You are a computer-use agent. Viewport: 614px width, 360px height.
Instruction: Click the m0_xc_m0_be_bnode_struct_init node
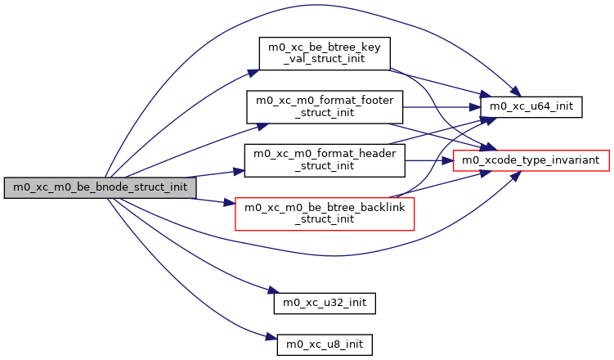coord(100,187)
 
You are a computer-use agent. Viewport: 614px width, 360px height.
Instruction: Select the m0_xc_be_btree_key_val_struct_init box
coord(325,54)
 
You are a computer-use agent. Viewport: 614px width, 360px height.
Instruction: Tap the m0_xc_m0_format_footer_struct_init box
coord(325,106)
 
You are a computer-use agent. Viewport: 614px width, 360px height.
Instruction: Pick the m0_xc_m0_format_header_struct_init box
coord(325,160)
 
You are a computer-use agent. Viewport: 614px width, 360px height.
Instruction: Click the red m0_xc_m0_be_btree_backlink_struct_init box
coord(325,213)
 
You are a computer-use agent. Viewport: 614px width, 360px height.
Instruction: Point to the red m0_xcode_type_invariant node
coord(531,160)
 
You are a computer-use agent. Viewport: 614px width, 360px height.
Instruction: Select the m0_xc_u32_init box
coord(325,303)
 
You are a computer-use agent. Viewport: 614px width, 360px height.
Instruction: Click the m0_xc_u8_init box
coord(325,344)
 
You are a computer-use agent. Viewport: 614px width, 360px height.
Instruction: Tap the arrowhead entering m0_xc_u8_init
coord(272,338)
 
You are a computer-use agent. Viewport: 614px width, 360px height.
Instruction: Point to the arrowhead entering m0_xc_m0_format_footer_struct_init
coord(262,124)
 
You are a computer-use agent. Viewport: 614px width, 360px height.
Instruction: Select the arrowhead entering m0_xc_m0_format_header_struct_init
coord(240,172)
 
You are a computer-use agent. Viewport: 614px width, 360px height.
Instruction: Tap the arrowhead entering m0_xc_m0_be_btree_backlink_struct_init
coord(230,202)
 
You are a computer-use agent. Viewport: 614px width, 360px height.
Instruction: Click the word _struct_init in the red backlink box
coord(325,218)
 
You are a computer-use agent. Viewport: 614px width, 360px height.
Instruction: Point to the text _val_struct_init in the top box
coord(325,60)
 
